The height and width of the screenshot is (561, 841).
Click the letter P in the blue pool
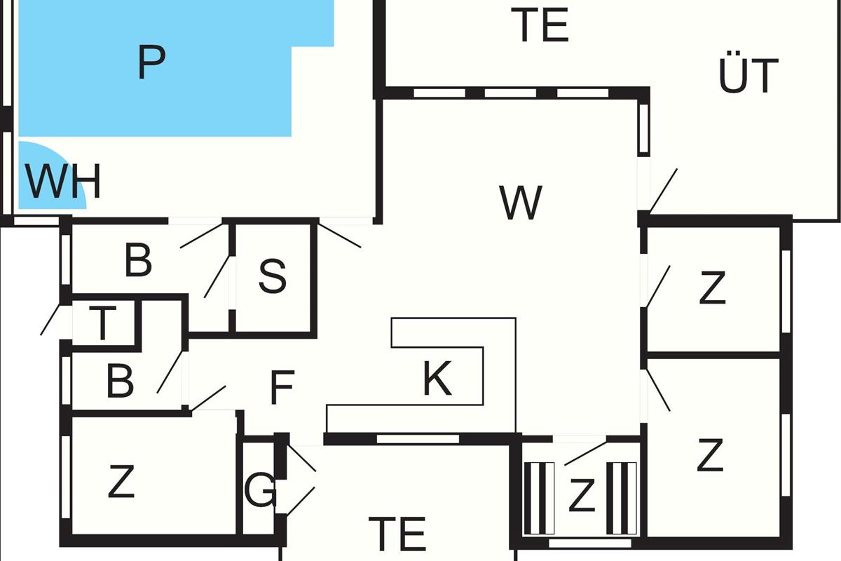pos(151,63)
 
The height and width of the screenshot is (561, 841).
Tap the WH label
pos(63,182)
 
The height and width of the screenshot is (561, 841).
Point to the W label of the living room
pos(521,203)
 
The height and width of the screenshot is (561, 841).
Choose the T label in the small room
pos(102,324)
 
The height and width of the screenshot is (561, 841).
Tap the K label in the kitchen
pos(437,379)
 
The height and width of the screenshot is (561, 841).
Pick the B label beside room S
pos(138,261)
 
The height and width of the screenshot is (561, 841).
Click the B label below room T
pos(120,382)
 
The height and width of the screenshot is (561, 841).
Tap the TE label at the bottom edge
pos(397,534)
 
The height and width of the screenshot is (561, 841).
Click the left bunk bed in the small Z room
pos(540,498)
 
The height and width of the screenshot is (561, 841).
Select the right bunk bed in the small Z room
pos(622,498)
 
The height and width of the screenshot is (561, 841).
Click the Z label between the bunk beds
pos(581,495)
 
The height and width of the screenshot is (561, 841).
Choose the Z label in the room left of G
pos(121,482)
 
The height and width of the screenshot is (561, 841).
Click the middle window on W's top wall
pos(511,93)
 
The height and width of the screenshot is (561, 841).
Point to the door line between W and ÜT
pos(662,190)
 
